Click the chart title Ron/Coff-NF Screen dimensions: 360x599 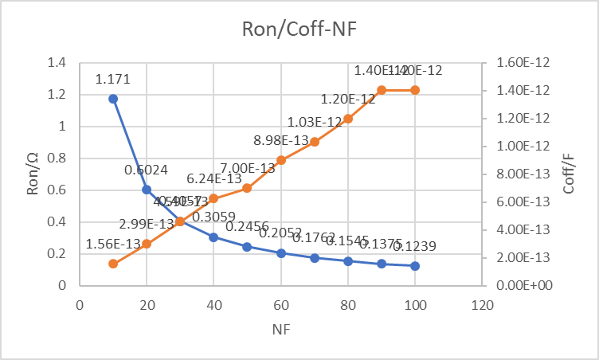[299, 30]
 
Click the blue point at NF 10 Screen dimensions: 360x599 [113, 99]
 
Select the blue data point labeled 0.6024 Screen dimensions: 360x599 [147, 190]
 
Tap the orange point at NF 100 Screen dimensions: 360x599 [415, 90]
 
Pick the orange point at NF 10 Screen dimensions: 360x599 [113, 264]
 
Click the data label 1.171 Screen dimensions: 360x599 [112, 79]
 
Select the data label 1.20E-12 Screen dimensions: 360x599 [348, 99]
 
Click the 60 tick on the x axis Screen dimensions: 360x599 [281, 304]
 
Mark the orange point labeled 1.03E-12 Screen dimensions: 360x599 [315, 142]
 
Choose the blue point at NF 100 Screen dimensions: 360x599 [415, 265]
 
